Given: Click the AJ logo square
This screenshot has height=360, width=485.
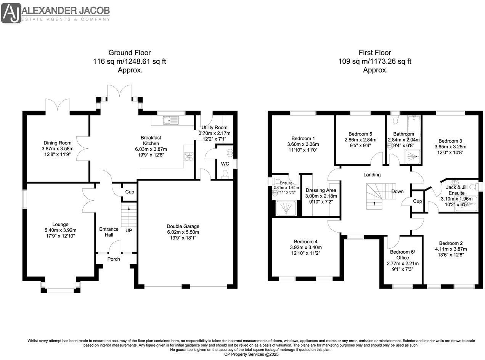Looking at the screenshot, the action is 11,13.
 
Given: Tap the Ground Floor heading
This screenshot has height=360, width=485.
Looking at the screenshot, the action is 130,53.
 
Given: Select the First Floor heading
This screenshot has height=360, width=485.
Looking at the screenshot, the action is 374,53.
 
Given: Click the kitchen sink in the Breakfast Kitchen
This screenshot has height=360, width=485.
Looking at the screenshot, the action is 171,120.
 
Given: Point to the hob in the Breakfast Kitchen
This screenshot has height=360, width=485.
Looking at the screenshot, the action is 189,156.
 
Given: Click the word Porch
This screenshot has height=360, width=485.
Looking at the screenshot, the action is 114,259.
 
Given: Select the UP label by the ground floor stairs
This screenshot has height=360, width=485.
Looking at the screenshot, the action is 128,230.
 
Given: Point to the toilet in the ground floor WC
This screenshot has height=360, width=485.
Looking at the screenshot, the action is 225,174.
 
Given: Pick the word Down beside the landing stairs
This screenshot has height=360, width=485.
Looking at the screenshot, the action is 397,191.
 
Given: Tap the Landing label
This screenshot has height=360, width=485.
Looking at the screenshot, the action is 372,175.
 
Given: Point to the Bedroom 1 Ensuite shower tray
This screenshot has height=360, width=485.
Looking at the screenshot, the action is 286,207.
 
